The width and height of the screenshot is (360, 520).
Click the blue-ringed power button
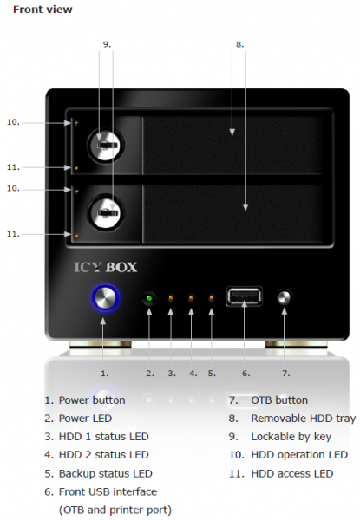coord(105,298)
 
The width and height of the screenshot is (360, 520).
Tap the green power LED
coord(149,298)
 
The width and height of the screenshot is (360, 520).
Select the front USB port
coord(245,296)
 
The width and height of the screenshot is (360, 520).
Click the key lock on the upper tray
coord(106,145)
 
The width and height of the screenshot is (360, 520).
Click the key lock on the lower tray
coord(106,212)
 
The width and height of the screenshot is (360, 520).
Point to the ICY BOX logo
coord(105,267)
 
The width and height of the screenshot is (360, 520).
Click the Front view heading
coord(43,10)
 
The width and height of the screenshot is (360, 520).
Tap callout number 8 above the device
coord(239,44)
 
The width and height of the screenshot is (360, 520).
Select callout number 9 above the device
coord(107,44)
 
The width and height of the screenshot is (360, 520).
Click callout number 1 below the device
coord(104,374)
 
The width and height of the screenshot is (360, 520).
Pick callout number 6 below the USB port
coord(245,374)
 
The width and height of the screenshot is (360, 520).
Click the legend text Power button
coord(92,400)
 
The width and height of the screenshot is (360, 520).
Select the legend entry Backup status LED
coord(106,473)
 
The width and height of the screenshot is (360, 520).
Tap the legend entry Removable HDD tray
coord(304,419)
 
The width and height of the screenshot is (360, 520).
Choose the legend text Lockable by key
coord(291,437)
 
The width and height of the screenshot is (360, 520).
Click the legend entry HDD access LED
coord(292,473)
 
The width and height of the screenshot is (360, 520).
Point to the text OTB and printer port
coord(115,510)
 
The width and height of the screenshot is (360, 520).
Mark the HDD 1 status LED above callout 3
coord(171,298)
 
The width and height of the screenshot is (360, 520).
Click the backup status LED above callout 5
coord(212,298)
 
